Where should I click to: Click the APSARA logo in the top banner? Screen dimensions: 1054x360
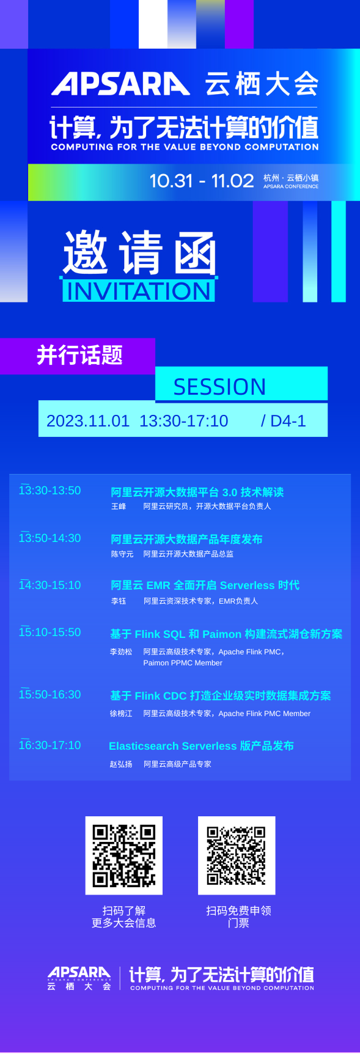[120, 84]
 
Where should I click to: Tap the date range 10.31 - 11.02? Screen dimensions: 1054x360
[201, 181]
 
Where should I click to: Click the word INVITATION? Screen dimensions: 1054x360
[138, 291]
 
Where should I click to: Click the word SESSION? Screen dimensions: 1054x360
[219, 387]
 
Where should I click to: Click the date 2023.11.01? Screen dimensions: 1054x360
[88, 421]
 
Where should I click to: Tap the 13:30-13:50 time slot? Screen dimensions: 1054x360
[50, 491]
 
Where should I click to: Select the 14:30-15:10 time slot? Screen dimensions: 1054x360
[50, 585]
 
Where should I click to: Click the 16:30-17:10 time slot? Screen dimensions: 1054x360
[50, 745]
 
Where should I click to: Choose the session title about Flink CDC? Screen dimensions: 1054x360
[220, 696]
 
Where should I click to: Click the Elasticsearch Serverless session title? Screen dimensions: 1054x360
[201, 746]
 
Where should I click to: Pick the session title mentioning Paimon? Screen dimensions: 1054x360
[226, 634]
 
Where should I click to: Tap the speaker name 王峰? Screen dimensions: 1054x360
[119, 507]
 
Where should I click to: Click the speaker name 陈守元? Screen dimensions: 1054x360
[122, 554]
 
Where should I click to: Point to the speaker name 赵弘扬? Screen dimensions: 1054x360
[121, 764]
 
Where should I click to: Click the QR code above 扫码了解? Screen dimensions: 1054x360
[124, 855]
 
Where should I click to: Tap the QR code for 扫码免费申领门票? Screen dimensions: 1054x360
[237, 855]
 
